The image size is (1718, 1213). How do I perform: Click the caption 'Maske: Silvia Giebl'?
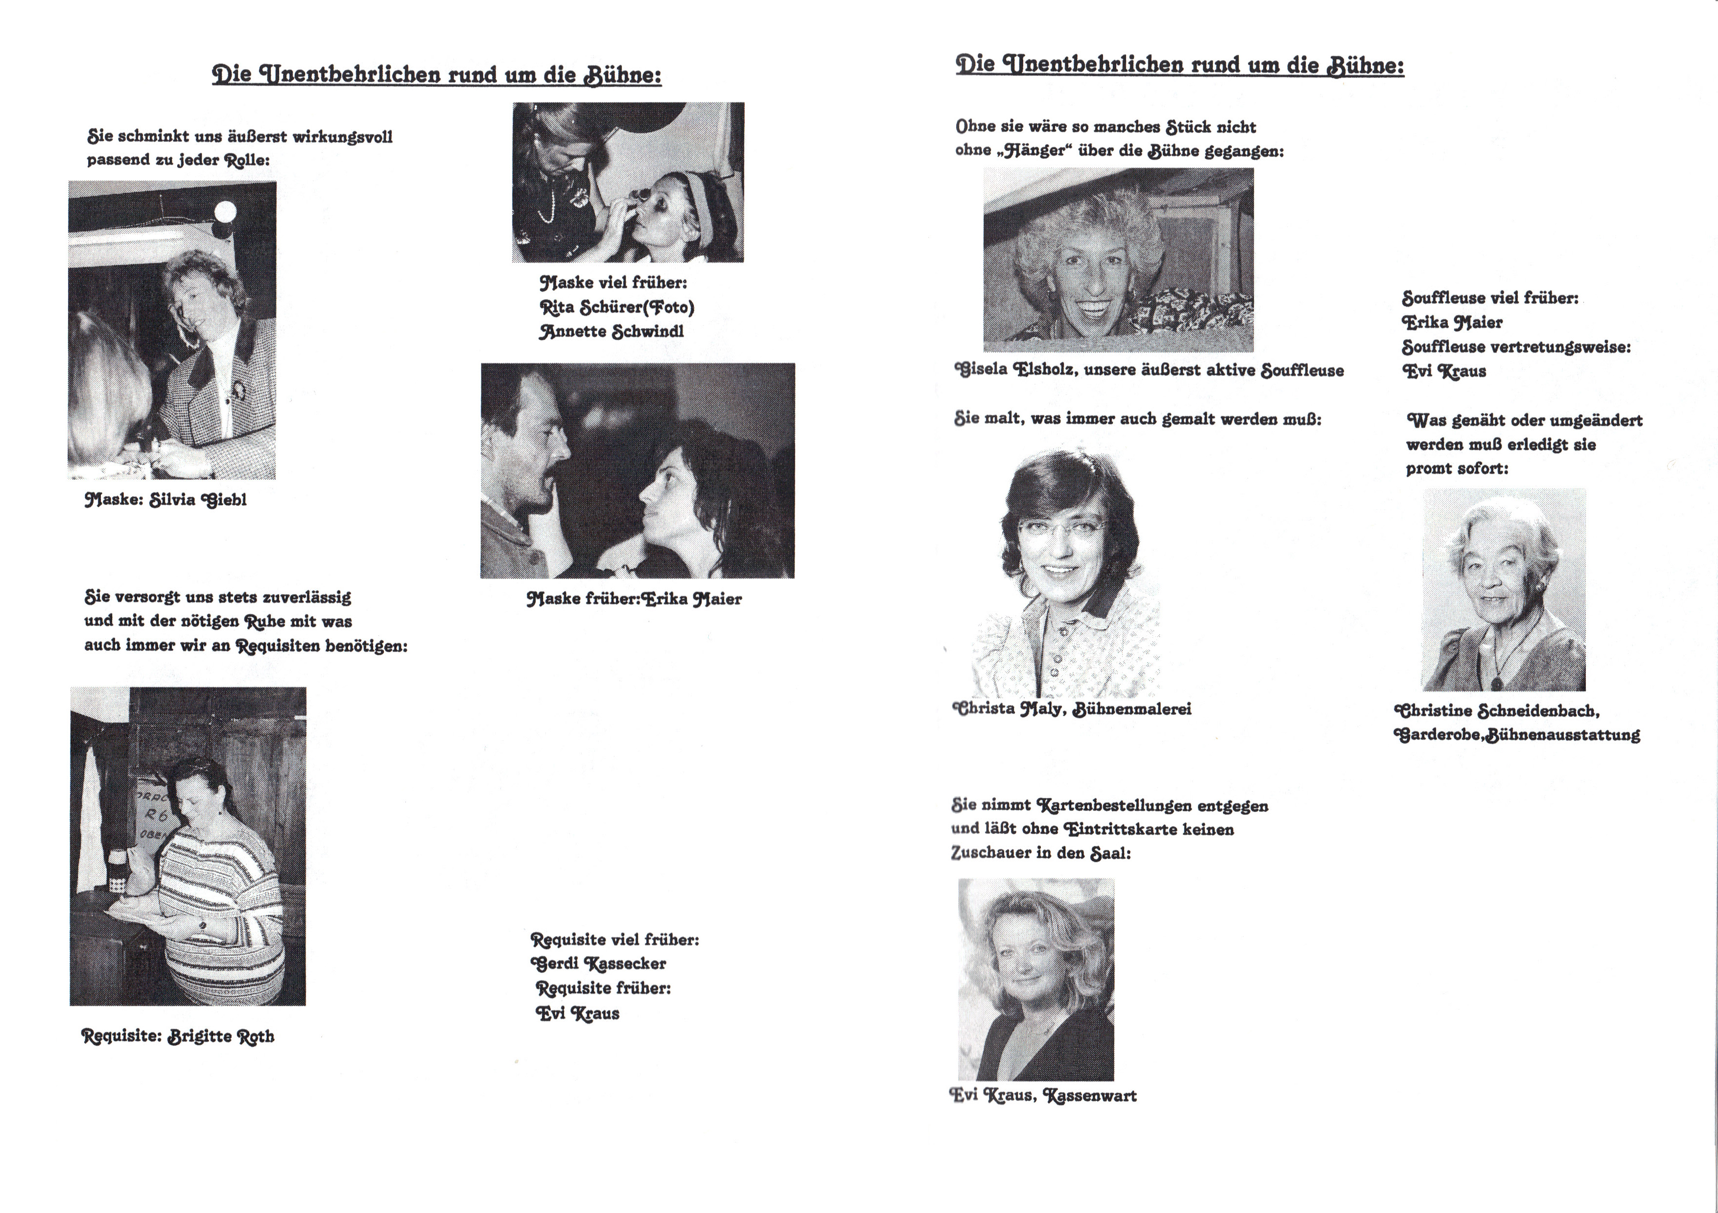165,500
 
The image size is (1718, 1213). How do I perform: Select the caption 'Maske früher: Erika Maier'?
634,599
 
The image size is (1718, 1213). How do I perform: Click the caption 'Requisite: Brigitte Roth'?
178,1036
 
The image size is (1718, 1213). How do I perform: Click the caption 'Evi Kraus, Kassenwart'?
1043,1096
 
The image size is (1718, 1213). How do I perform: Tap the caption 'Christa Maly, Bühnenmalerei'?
1072,709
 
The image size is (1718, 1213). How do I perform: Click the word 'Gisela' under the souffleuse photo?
981,370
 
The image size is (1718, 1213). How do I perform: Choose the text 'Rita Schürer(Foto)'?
616,307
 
